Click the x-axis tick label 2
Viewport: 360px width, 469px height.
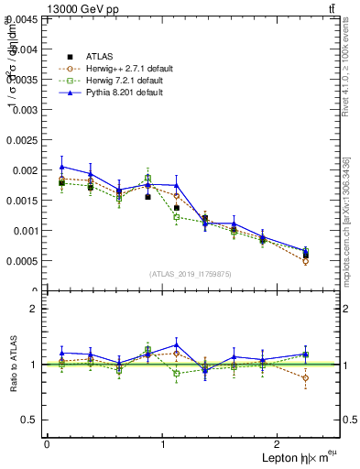(279, 444)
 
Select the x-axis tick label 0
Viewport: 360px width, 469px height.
(46, 444)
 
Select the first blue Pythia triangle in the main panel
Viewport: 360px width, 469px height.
(61, 167)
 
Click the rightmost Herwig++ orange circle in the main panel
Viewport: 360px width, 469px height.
(306, 261)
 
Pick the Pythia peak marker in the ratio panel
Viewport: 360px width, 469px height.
(176, 345)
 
